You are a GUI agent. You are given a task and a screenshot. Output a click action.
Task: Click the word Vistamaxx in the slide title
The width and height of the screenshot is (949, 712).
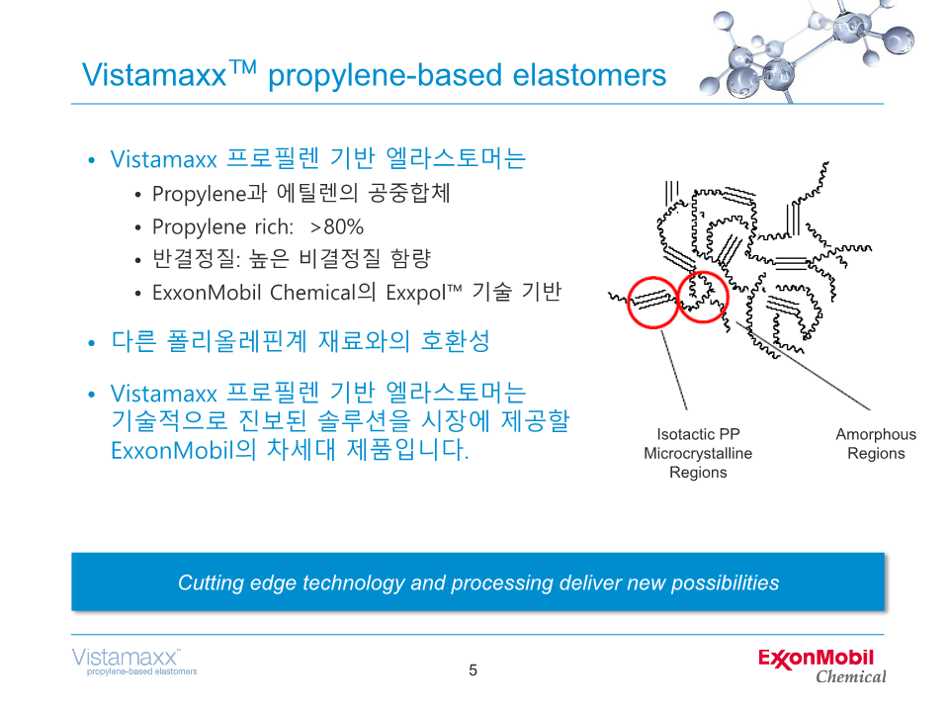tap(154, 76)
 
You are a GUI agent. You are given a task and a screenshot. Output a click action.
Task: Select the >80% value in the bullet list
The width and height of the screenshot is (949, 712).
tap(336, 227)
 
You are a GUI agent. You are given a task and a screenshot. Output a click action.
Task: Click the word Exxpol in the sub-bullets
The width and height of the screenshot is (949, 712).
tap(416, 293)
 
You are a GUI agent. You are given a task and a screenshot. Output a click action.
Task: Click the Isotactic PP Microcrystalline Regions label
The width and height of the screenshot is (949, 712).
tap(698, 454)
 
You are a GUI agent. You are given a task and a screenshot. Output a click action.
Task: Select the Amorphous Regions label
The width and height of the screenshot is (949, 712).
tap(876, 444)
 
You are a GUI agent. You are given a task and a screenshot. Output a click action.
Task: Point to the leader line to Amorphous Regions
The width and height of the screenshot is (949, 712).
tap(803, 366)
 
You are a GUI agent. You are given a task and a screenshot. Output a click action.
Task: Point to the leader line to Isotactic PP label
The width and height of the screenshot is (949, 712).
tap(673, 370)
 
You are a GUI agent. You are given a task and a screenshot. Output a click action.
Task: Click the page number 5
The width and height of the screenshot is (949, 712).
tap(474, 670)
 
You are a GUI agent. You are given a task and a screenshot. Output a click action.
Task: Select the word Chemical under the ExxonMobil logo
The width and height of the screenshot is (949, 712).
tap(851, 676)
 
